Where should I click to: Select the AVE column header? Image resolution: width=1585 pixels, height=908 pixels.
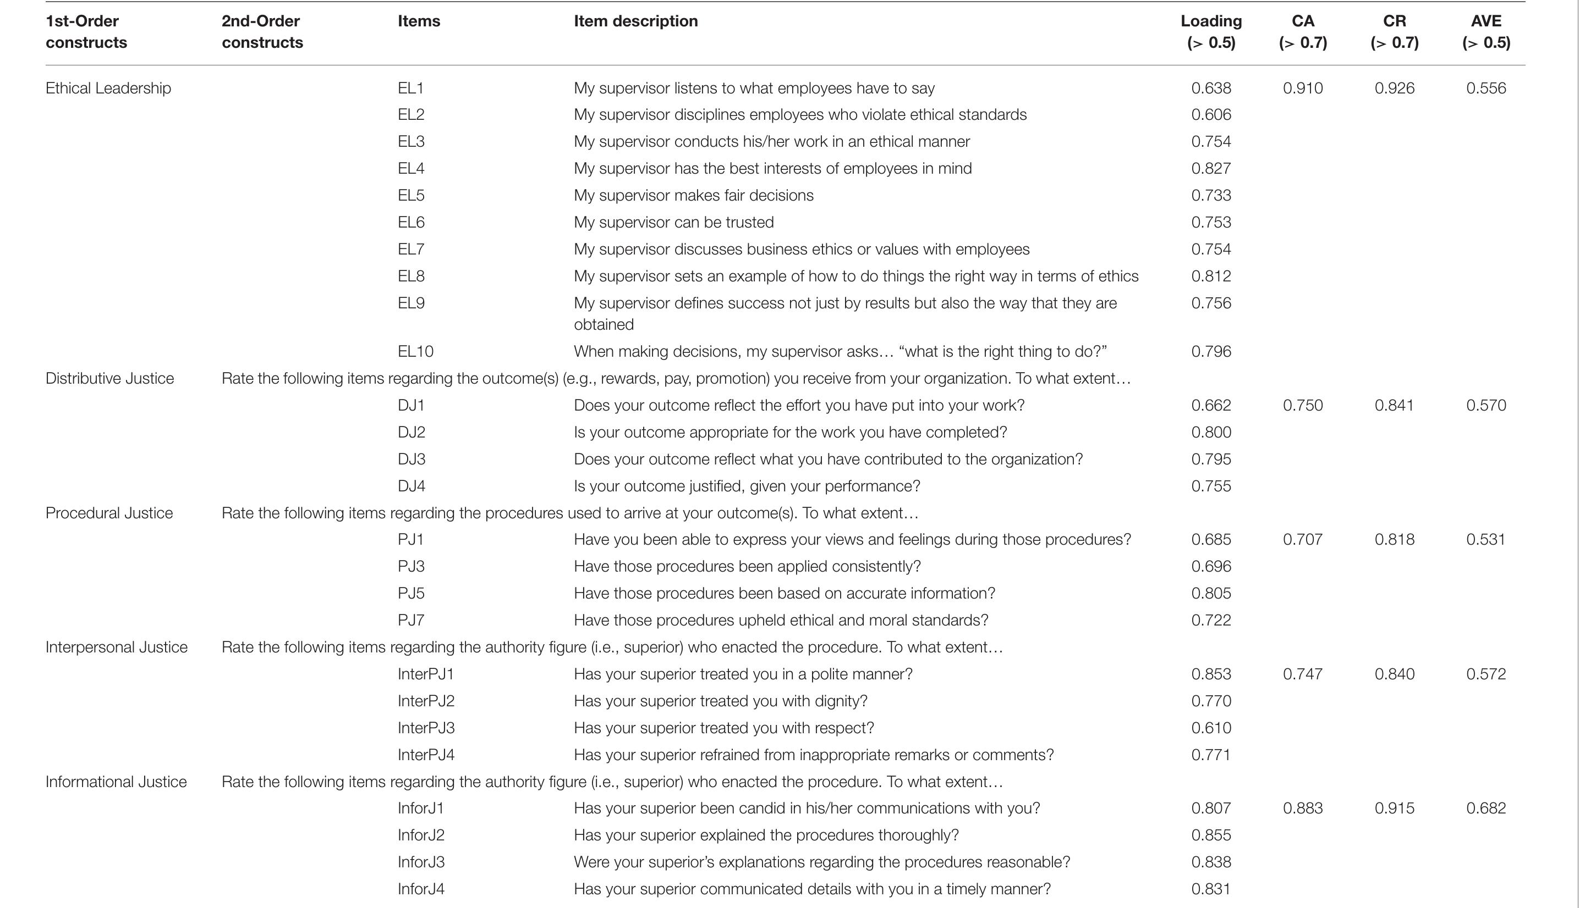pyautogui.click(x=1486, y=31)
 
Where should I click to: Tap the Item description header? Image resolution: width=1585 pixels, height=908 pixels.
pyautogui.click(x=635, y=21)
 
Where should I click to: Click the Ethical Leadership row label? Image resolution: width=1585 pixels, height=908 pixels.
pyautogui.click(x=108, y=88)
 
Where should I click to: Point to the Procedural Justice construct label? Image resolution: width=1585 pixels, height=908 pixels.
pyautogui.click(x=109, y=513)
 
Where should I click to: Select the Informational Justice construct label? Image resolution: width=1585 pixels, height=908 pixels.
pyautogui.click(x=116, y=782)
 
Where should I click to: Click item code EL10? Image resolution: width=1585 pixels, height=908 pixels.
pyautogui.click(x=415, y=351)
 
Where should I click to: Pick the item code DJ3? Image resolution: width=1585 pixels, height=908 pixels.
pyautogui.click(x=411, y=459)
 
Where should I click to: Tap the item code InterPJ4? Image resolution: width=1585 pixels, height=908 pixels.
pyautogui.click(x=426, y=755)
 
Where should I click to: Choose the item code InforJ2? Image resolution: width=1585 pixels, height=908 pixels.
pyautogui.click(x=421, y=835)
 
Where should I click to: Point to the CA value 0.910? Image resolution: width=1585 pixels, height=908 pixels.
pyautogui.click(x=1302, y=88)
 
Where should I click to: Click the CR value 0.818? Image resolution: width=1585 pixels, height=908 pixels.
pyautogui.click(x=1394, y=539)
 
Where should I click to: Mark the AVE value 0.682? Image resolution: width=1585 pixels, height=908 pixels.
pyautogui.click(x=1486, y=808)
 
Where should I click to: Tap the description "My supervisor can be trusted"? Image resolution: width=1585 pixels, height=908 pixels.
pyautogui.click(x=673, y=222)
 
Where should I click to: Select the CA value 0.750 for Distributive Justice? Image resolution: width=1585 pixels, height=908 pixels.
pyautogui.click(x=1302, y=406)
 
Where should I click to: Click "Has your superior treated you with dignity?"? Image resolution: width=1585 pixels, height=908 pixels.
pyautogui.click(x=720, y=701)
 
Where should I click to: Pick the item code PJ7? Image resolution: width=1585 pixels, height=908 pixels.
pyautogui.click(x=410, y=620)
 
